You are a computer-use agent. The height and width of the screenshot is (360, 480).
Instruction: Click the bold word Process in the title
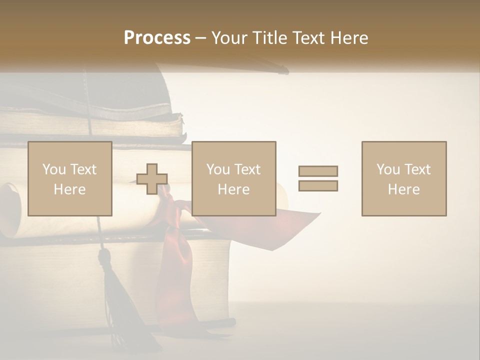tap(157, 38)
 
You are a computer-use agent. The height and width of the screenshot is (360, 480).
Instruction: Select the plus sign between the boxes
tap(152, 179)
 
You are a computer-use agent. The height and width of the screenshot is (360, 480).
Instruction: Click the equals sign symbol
tap(318, 178)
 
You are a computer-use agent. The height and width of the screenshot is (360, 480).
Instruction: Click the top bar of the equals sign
tap(318, 171)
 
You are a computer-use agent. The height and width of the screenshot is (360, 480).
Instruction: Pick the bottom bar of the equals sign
tap(318, 186)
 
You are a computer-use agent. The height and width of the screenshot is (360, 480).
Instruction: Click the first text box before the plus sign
tap(70, 178)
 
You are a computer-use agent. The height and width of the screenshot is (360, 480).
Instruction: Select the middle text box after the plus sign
tap(233, 178)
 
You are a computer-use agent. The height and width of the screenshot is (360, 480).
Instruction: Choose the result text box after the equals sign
tap(403, 178)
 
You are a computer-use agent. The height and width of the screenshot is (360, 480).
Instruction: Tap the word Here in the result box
tap(403, 189)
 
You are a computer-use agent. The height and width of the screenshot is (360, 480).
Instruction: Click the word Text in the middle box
tap(247, 169)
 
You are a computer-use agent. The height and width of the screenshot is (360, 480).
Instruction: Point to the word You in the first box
tap(54, 169)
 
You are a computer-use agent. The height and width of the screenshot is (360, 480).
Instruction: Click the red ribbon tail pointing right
tap(300, 220)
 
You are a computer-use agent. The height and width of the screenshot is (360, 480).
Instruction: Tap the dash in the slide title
tap(201, 38)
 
